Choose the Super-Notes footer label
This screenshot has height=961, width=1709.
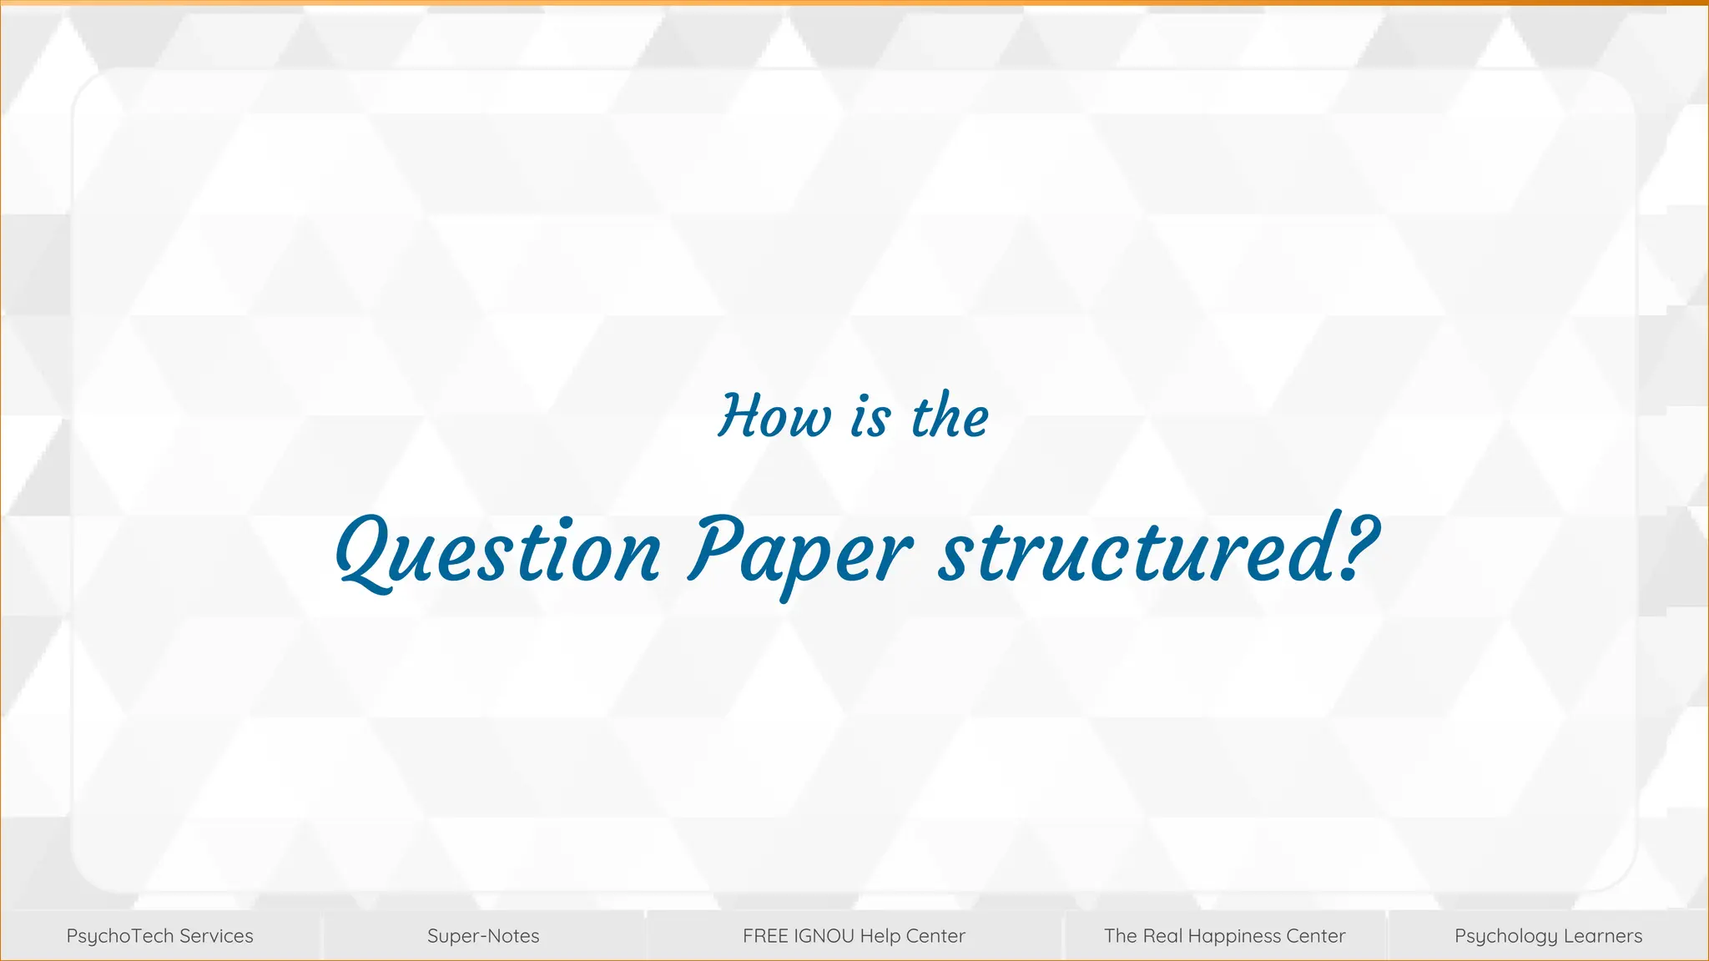483,936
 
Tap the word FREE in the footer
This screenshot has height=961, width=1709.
765,936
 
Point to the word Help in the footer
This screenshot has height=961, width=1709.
878,936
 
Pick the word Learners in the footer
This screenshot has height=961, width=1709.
1603,936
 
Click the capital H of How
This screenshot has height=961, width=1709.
739,415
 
